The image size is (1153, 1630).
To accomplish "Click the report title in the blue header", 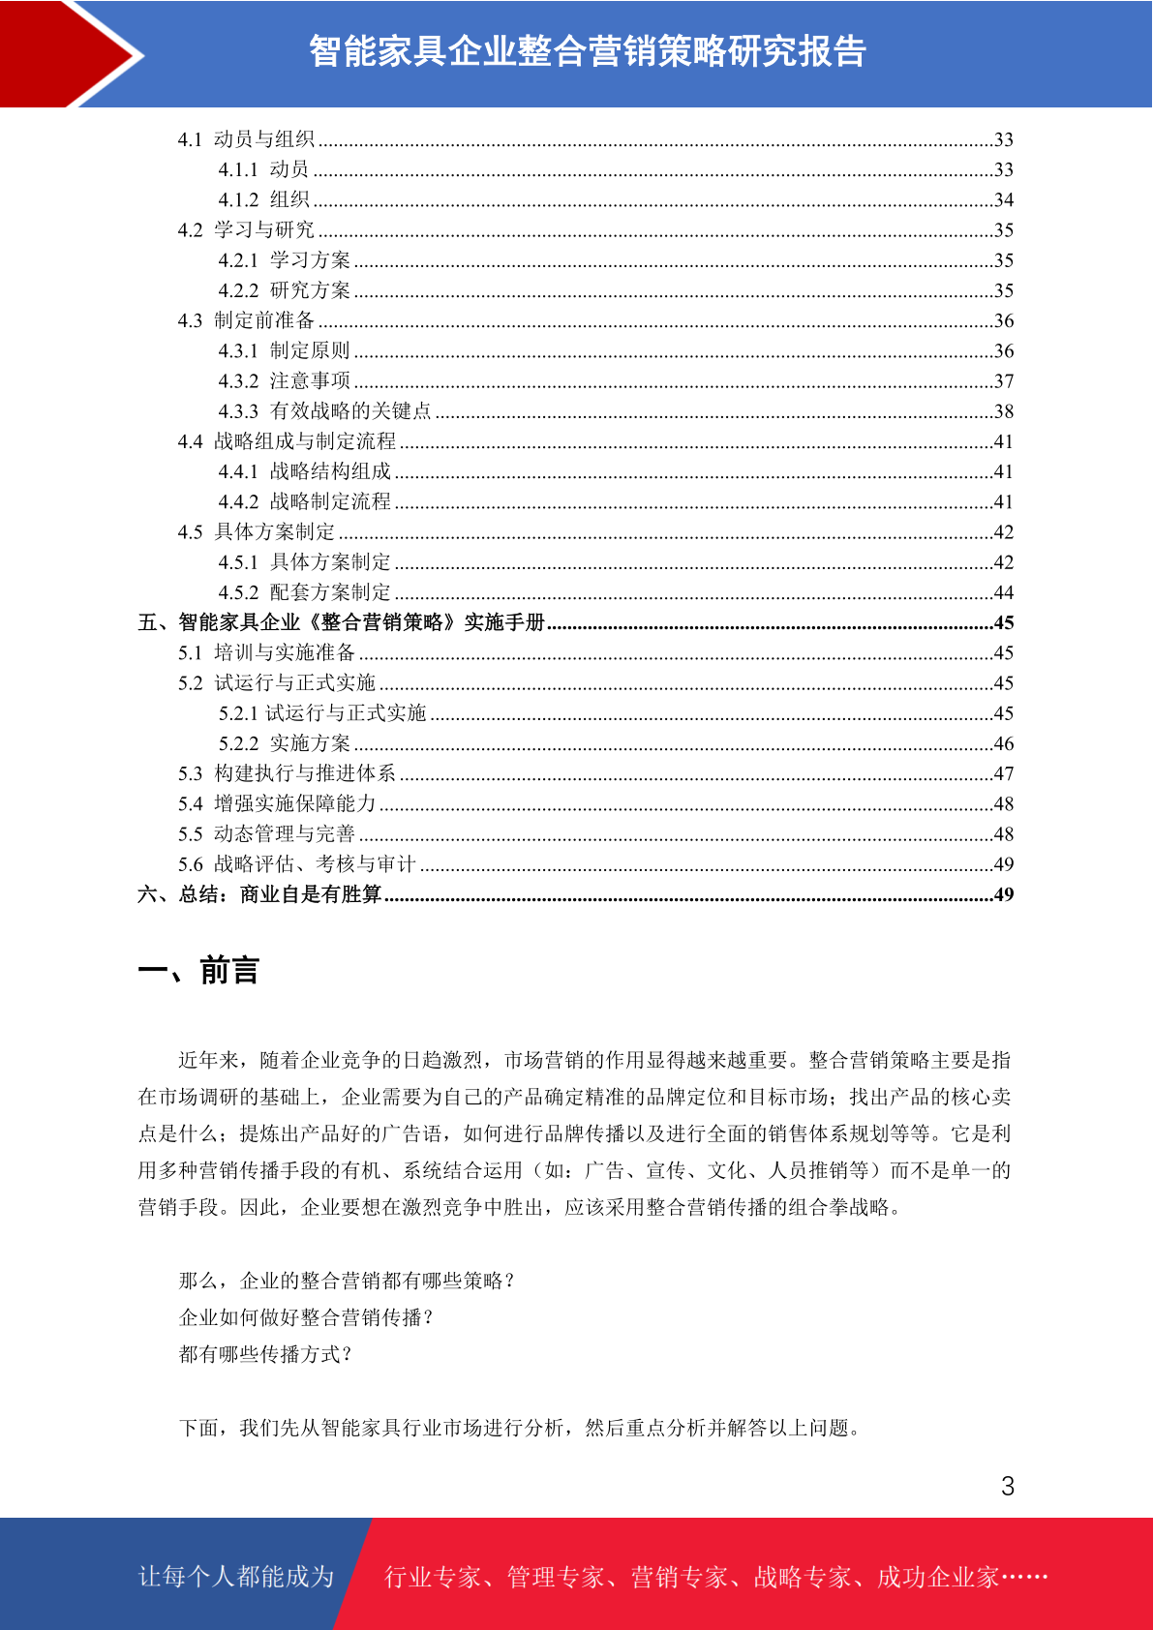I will (x=587, y=51).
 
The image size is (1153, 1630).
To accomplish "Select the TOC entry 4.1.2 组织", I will (x=263, y=199).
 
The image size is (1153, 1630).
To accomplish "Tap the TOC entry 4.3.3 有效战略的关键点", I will (x=324, y=411).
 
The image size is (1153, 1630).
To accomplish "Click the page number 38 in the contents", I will (x=1004, y=411).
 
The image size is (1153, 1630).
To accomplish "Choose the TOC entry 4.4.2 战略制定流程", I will (x=304, y=501).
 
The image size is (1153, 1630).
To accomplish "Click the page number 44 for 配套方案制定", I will (x=1004, y=592).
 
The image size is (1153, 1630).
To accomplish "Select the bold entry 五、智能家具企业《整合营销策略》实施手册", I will (x=342, y=622).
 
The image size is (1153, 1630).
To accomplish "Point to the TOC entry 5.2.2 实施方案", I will (x=284, y=743).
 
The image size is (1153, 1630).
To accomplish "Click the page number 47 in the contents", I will (x=1004, y=773).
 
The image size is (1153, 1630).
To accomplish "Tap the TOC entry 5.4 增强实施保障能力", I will (x=277, y=803).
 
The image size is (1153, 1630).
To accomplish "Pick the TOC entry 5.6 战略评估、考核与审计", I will (x=297, y=864).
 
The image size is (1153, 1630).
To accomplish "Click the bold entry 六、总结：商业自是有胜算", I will (x=259, y=894).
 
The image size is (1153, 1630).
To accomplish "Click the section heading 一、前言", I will (x=198, y=970).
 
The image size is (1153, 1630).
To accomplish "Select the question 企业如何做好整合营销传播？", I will (x=306, y=1317).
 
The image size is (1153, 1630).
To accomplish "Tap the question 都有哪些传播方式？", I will (x=265, y=1354).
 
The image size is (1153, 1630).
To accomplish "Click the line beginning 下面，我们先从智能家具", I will (x=520, y=1428).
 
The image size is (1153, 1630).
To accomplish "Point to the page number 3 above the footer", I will (x=1008, y=1486).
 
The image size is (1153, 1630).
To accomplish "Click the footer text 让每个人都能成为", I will (x=236, y=1577).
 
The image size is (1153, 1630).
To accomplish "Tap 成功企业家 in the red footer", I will (x=937, y=1577).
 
